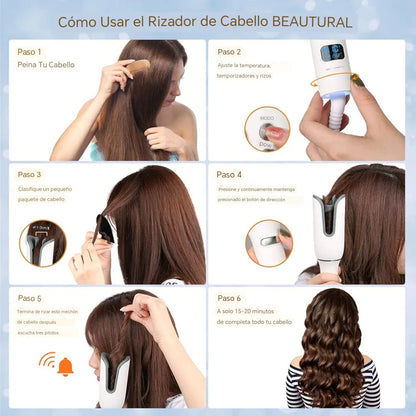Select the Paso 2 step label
point(229,51)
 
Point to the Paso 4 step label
point(229,175)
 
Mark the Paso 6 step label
point(229,298)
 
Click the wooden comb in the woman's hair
point(137,68)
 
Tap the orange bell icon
point(65,366)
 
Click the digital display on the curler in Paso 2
point(334,52)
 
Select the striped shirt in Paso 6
point(331,390)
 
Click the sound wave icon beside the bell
point(46,361)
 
